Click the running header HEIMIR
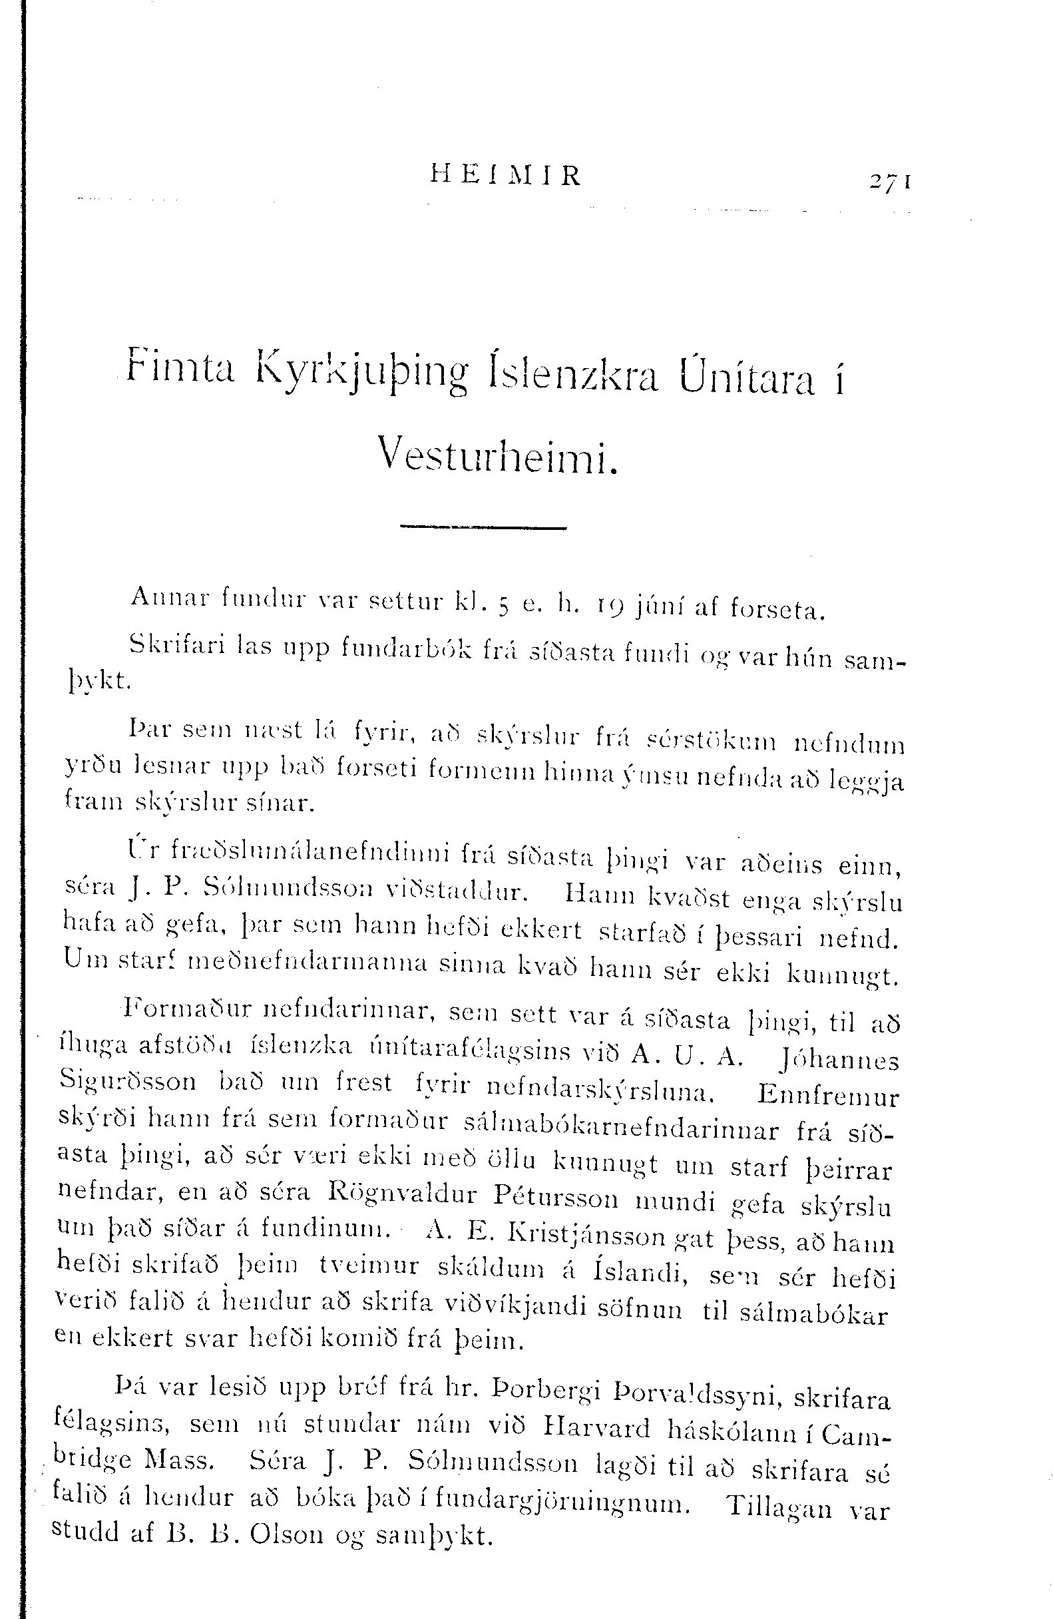pyautogui.click(x=506, y=176)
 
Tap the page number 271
pyautogui.click(x=890, y=182)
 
